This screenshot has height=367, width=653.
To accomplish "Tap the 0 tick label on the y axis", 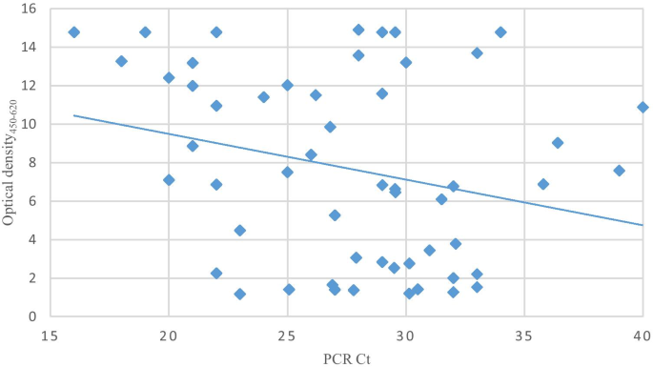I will (x=31, y=316).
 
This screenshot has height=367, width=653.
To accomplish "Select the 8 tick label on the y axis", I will (x=31, y=162).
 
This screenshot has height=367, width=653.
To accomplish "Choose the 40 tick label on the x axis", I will (x=642, y=335).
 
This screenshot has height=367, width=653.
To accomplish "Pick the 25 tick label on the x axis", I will (x=287, y=335).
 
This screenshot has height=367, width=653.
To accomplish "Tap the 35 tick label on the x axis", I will (x=523, y=335).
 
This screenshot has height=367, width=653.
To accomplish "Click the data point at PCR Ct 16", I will (x=74, y=32).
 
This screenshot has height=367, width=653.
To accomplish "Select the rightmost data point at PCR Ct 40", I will (x=643, y=107).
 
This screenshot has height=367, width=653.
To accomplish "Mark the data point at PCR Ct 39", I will (x=619, y=171).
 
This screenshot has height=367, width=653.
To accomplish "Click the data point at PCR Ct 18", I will (x=121, y=61).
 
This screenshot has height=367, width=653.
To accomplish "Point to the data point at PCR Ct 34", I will (x=500, y=32).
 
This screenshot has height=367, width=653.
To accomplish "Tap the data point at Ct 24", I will (x=263, y=97).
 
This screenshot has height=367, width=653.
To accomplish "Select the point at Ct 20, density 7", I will (x=169, y=180).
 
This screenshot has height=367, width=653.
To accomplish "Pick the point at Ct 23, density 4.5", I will (x=239, y=231).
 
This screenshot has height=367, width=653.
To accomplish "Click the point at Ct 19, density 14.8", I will (x=145, y=32).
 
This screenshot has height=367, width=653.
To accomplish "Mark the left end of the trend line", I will (x=74, y=115).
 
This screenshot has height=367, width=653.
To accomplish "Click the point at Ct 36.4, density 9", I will (x=558, y=143).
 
